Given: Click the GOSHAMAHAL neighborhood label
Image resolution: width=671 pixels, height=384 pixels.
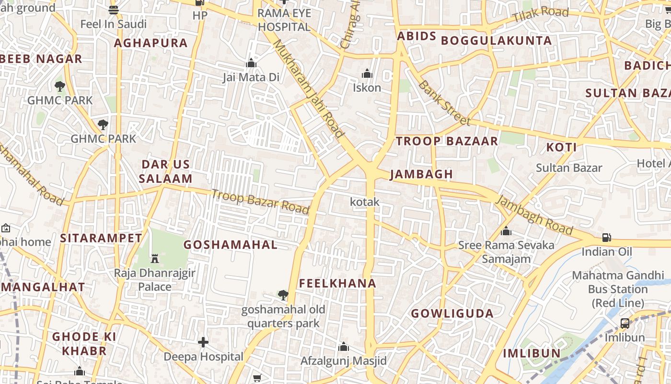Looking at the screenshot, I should tap(231, 245).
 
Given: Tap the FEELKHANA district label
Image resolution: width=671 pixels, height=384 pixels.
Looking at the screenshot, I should tap(338, 284).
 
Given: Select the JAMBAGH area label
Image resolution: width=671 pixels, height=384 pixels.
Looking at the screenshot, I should tap(421, 174).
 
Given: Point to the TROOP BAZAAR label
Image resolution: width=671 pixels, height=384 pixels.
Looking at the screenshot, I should tap(447, 141).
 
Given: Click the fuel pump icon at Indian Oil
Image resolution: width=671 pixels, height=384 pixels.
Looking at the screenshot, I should tap(606, 238).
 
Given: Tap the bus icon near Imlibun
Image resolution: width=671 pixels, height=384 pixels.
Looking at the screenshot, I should tap(625, 323).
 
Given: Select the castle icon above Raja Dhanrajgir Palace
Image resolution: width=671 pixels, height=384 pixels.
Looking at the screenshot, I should tap(155, 259).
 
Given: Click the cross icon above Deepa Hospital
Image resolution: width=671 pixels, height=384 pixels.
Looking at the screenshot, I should tap(203, 342).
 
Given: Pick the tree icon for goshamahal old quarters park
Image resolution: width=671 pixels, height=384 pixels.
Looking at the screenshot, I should tap(283, 295).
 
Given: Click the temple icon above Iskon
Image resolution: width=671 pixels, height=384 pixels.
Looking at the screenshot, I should tap(367, 73).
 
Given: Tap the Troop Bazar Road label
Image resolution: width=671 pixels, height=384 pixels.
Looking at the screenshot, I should tap(260, 202).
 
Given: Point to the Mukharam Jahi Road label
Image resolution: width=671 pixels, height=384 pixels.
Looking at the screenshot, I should tap(309, 89).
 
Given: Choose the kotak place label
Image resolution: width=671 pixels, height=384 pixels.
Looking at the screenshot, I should tap(365, 202).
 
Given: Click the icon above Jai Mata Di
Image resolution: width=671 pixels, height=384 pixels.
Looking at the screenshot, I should tap(251, 63).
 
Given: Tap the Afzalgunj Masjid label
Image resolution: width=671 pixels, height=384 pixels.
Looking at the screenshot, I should tap(343, 361).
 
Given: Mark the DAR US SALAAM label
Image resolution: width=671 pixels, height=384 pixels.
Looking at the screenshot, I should tap(165, 171).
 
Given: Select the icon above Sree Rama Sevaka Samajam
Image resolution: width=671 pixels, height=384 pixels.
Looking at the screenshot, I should tap(506, 231).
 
